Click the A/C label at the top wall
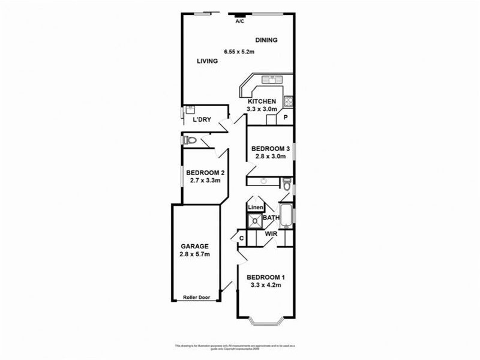point(240,21)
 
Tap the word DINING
point(266,40)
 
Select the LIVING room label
point(208,61)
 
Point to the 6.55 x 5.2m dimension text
point(239,52)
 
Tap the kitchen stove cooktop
point(289,100)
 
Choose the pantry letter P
point(286,118)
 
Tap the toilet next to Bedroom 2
point(190,140)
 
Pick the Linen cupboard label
point(255,208)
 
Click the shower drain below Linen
point(254,220)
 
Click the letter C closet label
point(241,239)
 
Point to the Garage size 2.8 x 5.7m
point(195,254)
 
